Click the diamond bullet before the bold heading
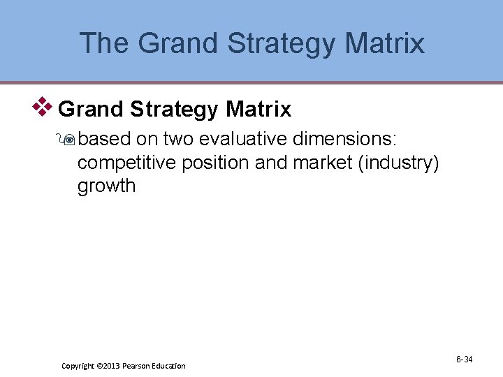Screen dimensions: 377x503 coord(44,107)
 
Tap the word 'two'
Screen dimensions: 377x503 coord(179,140)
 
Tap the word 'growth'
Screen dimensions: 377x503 coord(106,186)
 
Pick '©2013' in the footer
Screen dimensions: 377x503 coord(110,366)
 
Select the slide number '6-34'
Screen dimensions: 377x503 coord(464,360)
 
